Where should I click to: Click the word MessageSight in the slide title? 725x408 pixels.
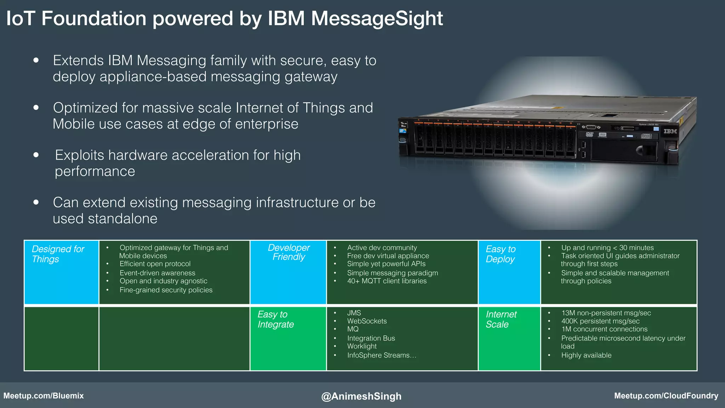377,18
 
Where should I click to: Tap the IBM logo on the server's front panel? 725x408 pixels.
670,131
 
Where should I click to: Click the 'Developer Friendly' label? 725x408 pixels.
289,252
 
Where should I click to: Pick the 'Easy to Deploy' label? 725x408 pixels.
501,254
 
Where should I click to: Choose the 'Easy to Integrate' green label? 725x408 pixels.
275,319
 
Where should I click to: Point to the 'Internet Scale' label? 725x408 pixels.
501,319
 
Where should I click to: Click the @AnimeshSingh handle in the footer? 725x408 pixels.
361,396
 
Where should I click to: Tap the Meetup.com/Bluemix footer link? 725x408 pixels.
44,396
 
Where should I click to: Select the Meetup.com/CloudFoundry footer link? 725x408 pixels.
666,396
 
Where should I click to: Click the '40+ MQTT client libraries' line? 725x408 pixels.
387,281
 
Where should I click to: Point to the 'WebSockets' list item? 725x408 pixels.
367,321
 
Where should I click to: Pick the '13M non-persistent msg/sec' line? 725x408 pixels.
606,313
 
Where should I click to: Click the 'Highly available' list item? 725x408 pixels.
586,355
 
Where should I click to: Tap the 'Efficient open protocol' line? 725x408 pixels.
155,264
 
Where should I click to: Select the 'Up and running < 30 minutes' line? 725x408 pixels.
607,248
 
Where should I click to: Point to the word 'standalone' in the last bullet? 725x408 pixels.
122,219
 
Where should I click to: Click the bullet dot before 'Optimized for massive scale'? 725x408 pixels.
36,107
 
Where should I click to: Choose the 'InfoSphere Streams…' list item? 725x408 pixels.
382,355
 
